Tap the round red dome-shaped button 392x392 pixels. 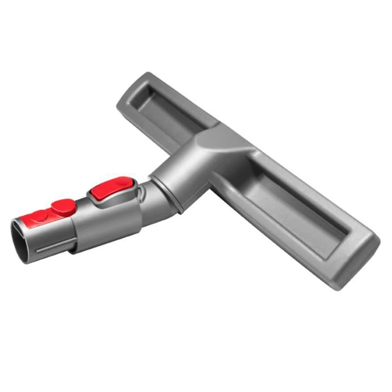tap(64, 206)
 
